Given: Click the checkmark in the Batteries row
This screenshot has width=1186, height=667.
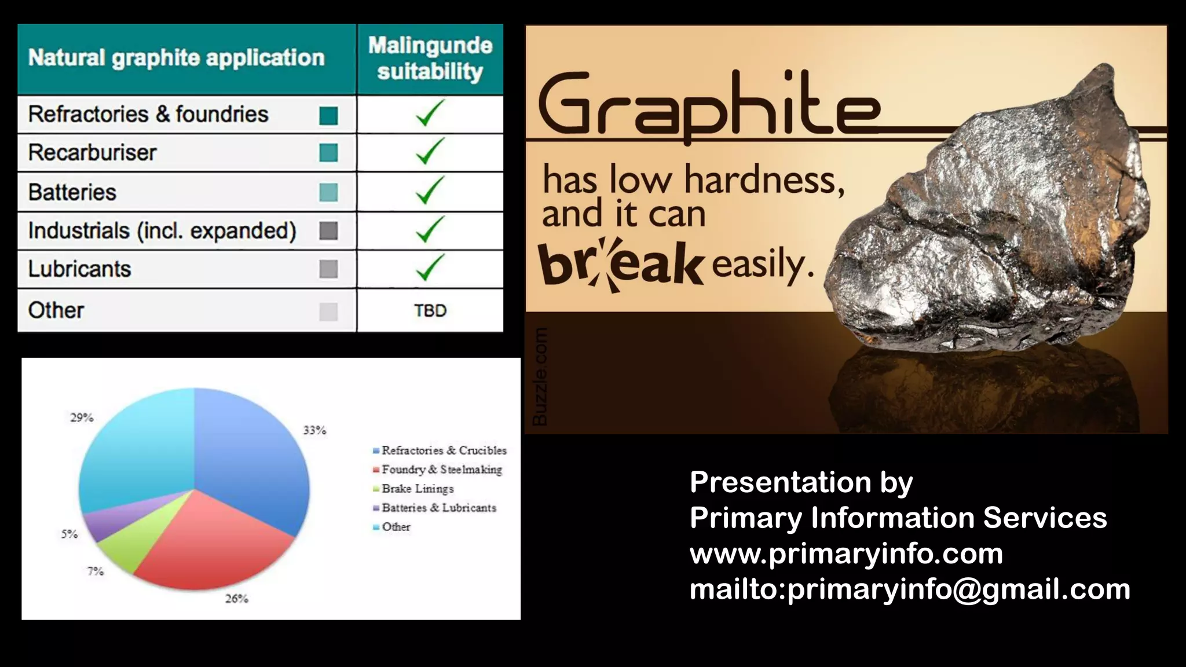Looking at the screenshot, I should (430, 190).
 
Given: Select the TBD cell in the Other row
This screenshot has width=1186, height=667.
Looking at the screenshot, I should (430, 311).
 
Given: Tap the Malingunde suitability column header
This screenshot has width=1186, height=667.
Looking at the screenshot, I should (430, 58).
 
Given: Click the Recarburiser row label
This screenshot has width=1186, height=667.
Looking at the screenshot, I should (93, 153).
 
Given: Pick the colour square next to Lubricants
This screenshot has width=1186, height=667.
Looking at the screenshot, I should (328, 269).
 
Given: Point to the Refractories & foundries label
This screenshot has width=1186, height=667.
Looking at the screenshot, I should (148, 115).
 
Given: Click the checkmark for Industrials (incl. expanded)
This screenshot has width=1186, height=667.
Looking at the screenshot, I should (430, 230).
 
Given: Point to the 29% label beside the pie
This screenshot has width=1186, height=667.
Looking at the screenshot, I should (82, 417).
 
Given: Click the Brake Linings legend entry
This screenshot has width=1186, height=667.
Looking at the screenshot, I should (418, 489).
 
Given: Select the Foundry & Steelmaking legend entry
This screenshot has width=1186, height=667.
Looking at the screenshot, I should (441, 470).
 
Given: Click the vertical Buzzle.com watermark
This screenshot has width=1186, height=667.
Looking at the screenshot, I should (540, 376).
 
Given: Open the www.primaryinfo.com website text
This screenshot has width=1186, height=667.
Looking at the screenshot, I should (846, 554).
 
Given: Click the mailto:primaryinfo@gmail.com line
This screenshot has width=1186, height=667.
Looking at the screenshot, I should (909, 589).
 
